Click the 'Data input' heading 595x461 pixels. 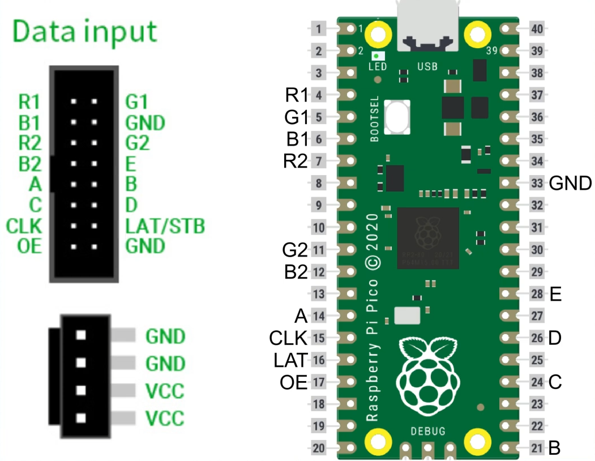pyautogui.click(x=84, y=32)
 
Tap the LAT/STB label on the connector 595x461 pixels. pyautogui.click(x=165, y=226)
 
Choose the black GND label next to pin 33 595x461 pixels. pyautogui.click(x=571, y=183)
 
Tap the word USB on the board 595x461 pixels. pyautogui.click(x=427, y=67)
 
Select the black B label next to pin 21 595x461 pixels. pyautogui.click(x=555, y=449)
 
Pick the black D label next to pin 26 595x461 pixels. pyautogui.click(x=555, y=338)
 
